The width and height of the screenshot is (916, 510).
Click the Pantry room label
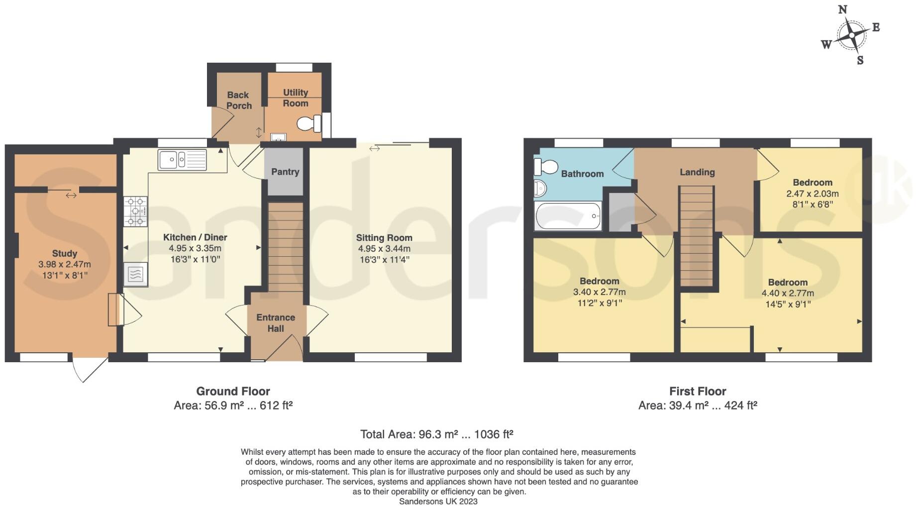[285, 172]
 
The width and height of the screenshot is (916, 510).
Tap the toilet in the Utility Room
[308, 123]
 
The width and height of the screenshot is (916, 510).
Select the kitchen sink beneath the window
[182, 160]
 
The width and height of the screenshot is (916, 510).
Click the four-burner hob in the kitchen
[136, 211]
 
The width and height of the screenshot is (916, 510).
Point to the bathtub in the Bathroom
[568, 216]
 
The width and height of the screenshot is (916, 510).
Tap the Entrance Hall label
[276, 323]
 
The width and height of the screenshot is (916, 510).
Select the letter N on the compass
[843, 9]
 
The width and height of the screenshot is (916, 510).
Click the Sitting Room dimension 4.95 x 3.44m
[384, 249]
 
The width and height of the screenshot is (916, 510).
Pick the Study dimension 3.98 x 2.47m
[65, 265]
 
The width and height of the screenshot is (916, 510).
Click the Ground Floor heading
[233, 391]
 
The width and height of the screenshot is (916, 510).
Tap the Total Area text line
[436, 434]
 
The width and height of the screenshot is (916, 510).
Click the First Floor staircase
[697, 236]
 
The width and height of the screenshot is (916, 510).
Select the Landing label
[697, 172]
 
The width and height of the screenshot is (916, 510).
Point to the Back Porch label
[239, 100]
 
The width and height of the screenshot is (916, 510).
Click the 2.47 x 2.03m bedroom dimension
[812, 194]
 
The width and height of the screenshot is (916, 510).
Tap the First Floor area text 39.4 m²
[698, 406]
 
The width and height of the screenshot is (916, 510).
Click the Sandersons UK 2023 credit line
[438, 502]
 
